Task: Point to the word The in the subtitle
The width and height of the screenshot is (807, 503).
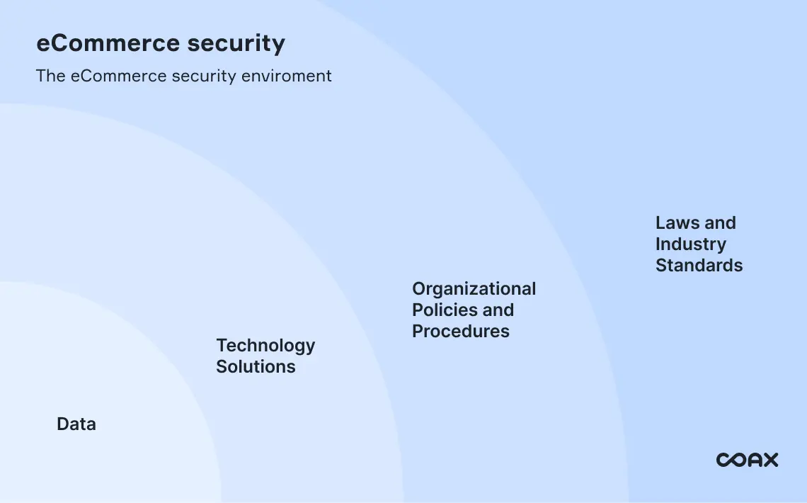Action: point(51,76)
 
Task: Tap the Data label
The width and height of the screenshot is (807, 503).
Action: point(76,424)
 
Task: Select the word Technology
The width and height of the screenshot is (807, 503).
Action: point(265,346)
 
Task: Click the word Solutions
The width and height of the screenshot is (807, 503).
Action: point(256,367)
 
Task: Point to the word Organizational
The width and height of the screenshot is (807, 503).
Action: point(474,289)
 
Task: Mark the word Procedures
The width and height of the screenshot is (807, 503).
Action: point(461,332)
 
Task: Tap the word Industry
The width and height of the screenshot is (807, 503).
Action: point(690,244)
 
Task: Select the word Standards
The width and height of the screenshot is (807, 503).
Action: point(699,266)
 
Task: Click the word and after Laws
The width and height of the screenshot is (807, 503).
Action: point(720,223)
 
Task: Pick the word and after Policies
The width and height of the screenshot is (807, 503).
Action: point(498,310)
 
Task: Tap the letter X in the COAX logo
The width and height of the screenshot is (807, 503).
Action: point(769,460)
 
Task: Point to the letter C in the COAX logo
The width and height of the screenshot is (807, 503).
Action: point(723,460)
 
